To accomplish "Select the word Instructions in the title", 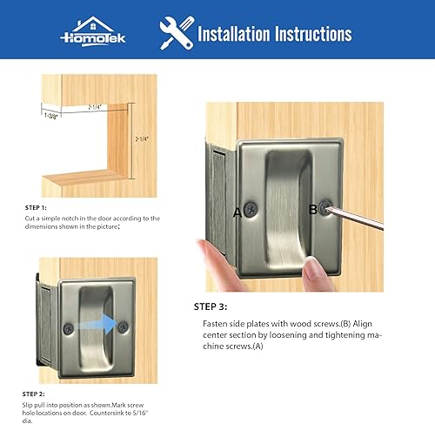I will point(317,34).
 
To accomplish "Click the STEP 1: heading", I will point(37,207).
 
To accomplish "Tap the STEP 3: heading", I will point(211,307).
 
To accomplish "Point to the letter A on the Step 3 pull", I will point(237,212).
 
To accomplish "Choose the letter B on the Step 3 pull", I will point(311,208).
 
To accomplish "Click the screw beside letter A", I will point(251,210).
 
